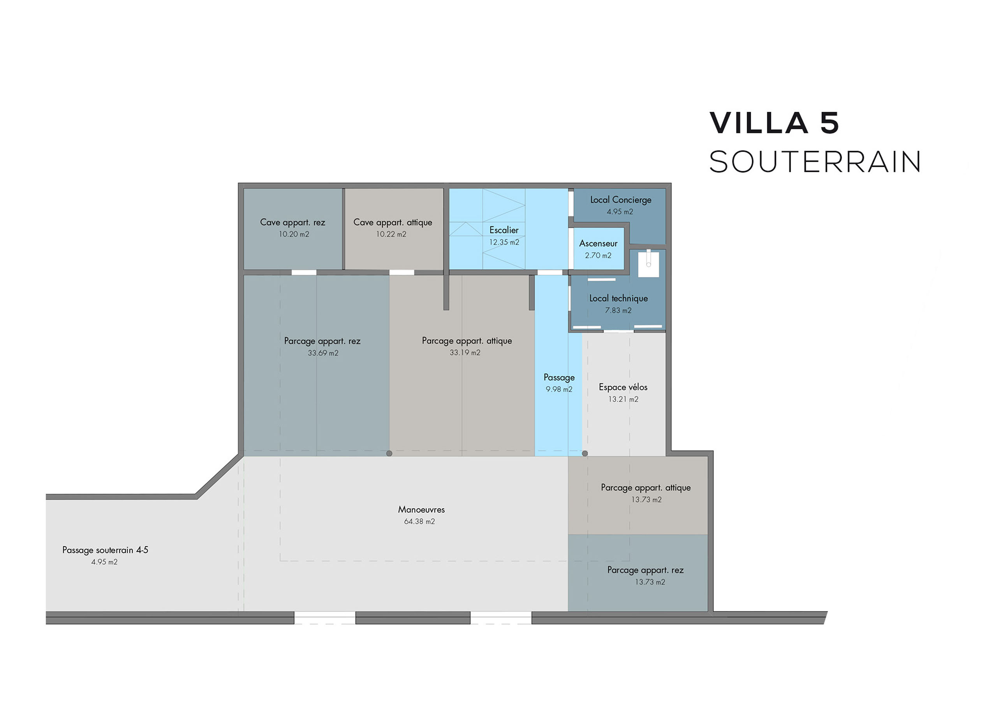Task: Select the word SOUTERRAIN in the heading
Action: pyautogui.click(x=815, y=162)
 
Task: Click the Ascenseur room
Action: pyautogui.click(x=598, y=249)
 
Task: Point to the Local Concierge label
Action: pyautogui.click(x=620, y=200)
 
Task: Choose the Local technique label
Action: pyautogui.click(x=618, y=298)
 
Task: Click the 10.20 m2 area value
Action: pyautogui.click(x=294, y=234)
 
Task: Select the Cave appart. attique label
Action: pyautogui.click(x=393, y=222)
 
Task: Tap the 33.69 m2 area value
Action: pyautogui.click(x=323, y=353)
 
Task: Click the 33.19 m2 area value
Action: pyautogui.click(x=465, y=353)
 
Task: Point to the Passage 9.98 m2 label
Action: pyautogui.click(x=559, y=383)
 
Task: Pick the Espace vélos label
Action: pyautogui.click(x=623, y=387)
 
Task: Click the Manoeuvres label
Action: pyautogui.click(x=421, y=509)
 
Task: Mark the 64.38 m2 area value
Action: pyautogui.click(x=419, y=521)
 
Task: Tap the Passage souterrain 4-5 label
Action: pyautogui.click(x=105, y=550)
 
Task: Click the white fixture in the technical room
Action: pyautogui.click(x=648, y=263)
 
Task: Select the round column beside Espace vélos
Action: pyautogui.click(x=585, y=454)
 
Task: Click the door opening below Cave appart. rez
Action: pyautogui.click(x=304, y=272)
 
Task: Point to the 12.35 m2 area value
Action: pyautogui.click(x=504, y=242)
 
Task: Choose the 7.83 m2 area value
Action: pyautogui.click(x=618, y=311)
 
